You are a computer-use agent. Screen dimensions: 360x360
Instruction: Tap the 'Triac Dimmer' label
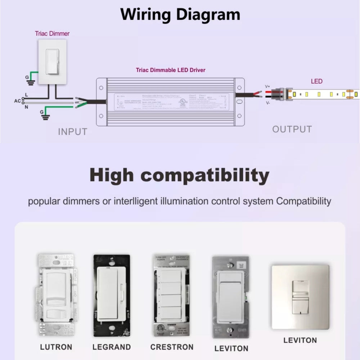52,33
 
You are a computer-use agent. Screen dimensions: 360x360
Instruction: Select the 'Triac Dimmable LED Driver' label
171,70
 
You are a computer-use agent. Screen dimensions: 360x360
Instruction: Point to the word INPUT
73,132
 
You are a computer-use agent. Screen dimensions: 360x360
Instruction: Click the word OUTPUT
292,129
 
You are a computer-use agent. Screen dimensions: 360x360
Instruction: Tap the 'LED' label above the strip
317,81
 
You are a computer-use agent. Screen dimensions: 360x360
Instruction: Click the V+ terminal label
267,86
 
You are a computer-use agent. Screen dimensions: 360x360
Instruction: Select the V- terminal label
267,103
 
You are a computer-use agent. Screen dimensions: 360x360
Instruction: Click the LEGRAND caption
112,347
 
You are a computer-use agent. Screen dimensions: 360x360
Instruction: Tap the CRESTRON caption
172,347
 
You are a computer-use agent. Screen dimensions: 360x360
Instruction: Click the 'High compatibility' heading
179,175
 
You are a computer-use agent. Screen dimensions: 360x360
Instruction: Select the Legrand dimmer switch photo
112,295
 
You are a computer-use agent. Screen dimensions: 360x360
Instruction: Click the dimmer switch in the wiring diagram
53,62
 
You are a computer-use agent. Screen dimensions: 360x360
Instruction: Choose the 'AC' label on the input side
17,101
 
